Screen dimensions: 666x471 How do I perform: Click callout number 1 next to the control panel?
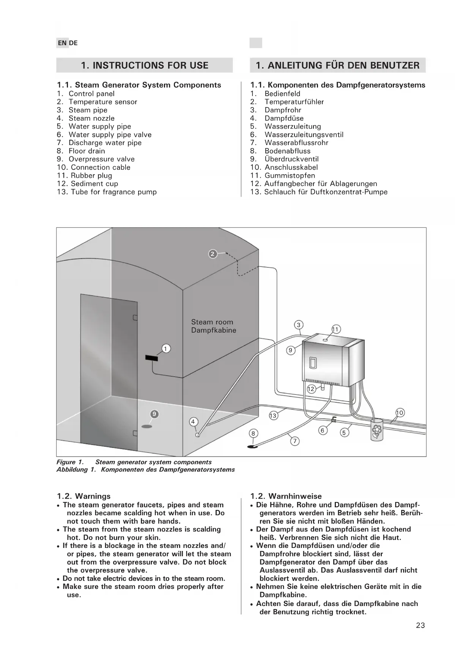click(165, 348)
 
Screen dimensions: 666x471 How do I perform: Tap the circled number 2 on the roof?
click(213, 254)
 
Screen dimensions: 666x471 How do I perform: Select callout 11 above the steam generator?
click(336, 329)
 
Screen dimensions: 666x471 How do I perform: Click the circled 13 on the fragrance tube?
click(273, 415)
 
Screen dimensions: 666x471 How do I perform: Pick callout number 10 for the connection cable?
click(400, 412)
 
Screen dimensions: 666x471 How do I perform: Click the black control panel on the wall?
click(152, 358)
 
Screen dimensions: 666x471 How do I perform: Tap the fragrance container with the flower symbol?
click(376, 430)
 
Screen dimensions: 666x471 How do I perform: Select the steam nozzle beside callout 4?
click(197, 435)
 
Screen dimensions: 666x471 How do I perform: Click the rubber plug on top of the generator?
click(325, 339)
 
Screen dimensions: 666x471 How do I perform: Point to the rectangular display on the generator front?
click(312, 363)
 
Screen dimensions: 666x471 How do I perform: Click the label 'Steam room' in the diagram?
click(212, 322)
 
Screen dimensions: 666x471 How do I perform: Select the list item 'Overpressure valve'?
click(101, 159)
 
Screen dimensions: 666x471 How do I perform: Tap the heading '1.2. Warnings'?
click(84, 496)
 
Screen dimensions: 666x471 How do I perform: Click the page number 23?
click(420, 625)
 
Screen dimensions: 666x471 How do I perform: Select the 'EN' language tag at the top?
click(62, 43)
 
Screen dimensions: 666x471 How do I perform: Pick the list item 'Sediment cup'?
click(94, 184)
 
